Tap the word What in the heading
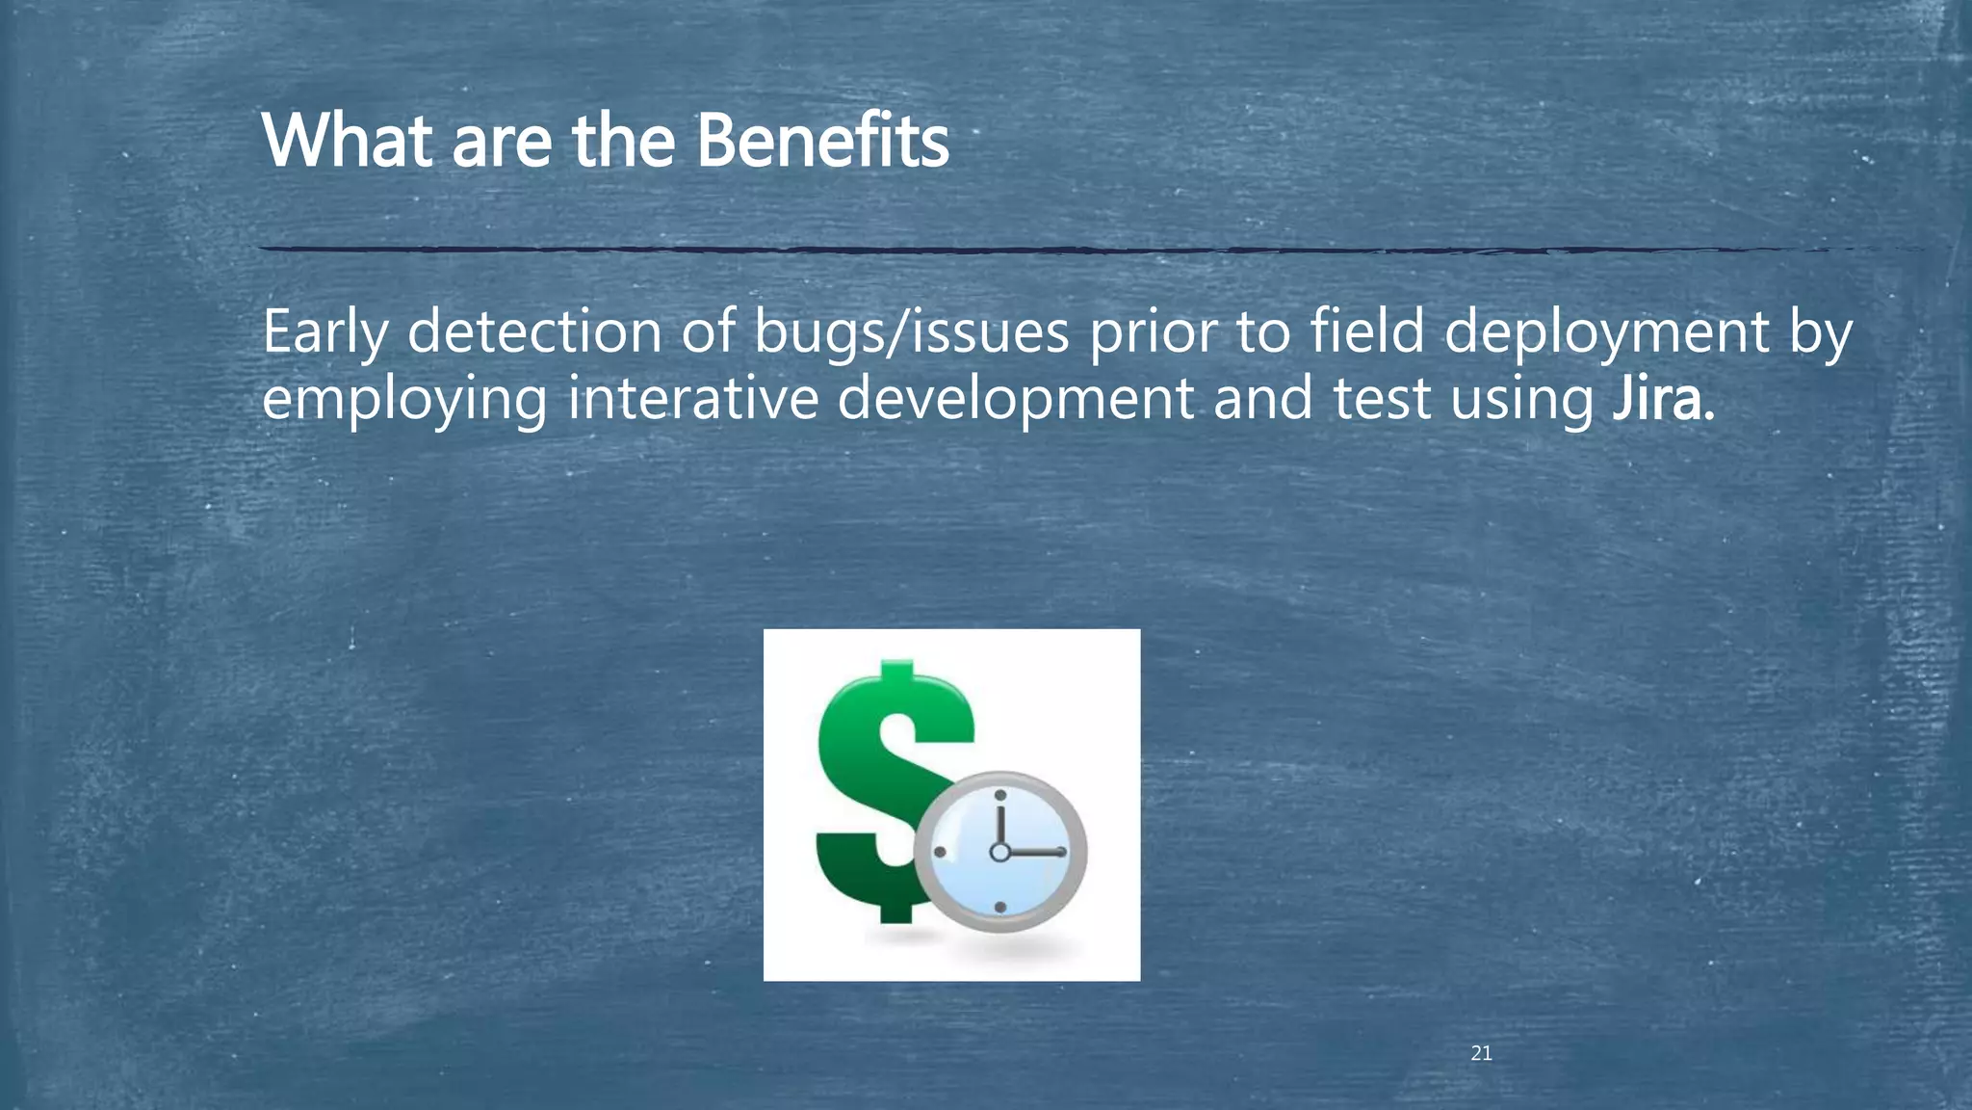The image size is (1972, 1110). point(347,141)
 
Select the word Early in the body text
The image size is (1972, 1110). point(324,333)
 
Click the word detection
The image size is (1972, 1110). point(534,331)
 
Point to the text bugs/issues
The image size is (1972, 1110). point(911,333)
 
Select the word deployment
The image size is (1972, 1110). point(1606,333)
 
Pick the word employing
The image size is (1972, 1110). point(404,401)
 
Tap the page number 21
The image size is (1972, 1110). point(1481,1054)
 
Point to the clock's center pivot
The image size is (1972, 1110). point(999,852)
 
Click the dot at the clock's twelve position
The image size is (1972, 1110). point(999,796)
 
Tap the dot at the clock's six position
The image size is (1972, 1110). point(999,908)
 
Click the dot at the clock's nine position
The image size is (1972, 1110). point(940,852)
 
